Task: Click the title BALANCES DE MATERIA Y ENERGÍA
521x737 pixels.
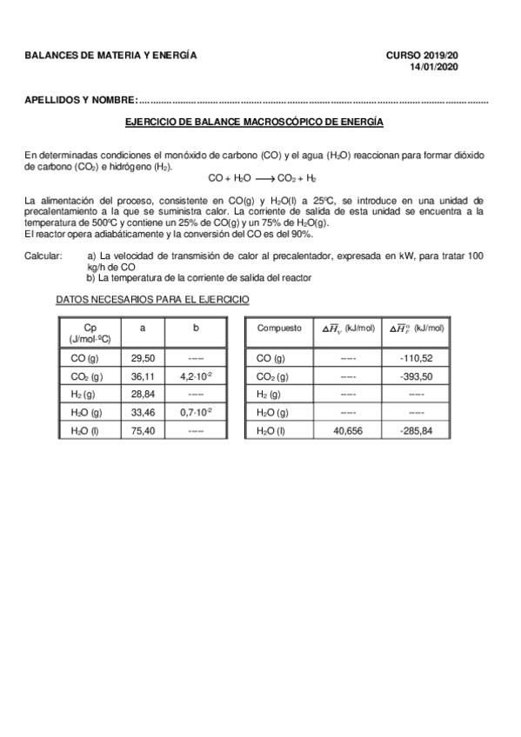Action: tap(110, 56)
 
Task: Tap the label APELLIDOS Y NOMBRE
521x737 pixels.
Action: tap(81, 101)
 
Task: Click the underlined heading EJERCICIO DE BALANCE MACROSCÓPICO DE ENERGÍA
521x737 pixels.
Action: tap(254, 123)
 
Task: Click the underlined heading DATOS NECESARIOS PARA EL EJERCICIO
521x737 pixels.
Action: tap(152, 299)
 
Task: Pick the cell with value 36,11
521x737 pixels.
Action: tap(143, 376)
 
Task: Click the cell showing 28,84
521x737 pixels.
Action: tap(143, 395)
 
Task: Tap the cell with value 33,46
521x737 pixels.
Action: tap(143, 412)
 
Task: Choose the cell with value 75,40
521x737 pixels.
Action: tap(143, 430)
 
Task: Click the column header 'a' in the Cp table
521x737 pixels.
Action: tap(143, 329)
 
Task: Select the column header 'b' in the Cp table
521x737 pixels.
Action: tap(197, 329)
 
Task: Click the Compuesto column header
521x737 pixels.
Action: tap(279, 329)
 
